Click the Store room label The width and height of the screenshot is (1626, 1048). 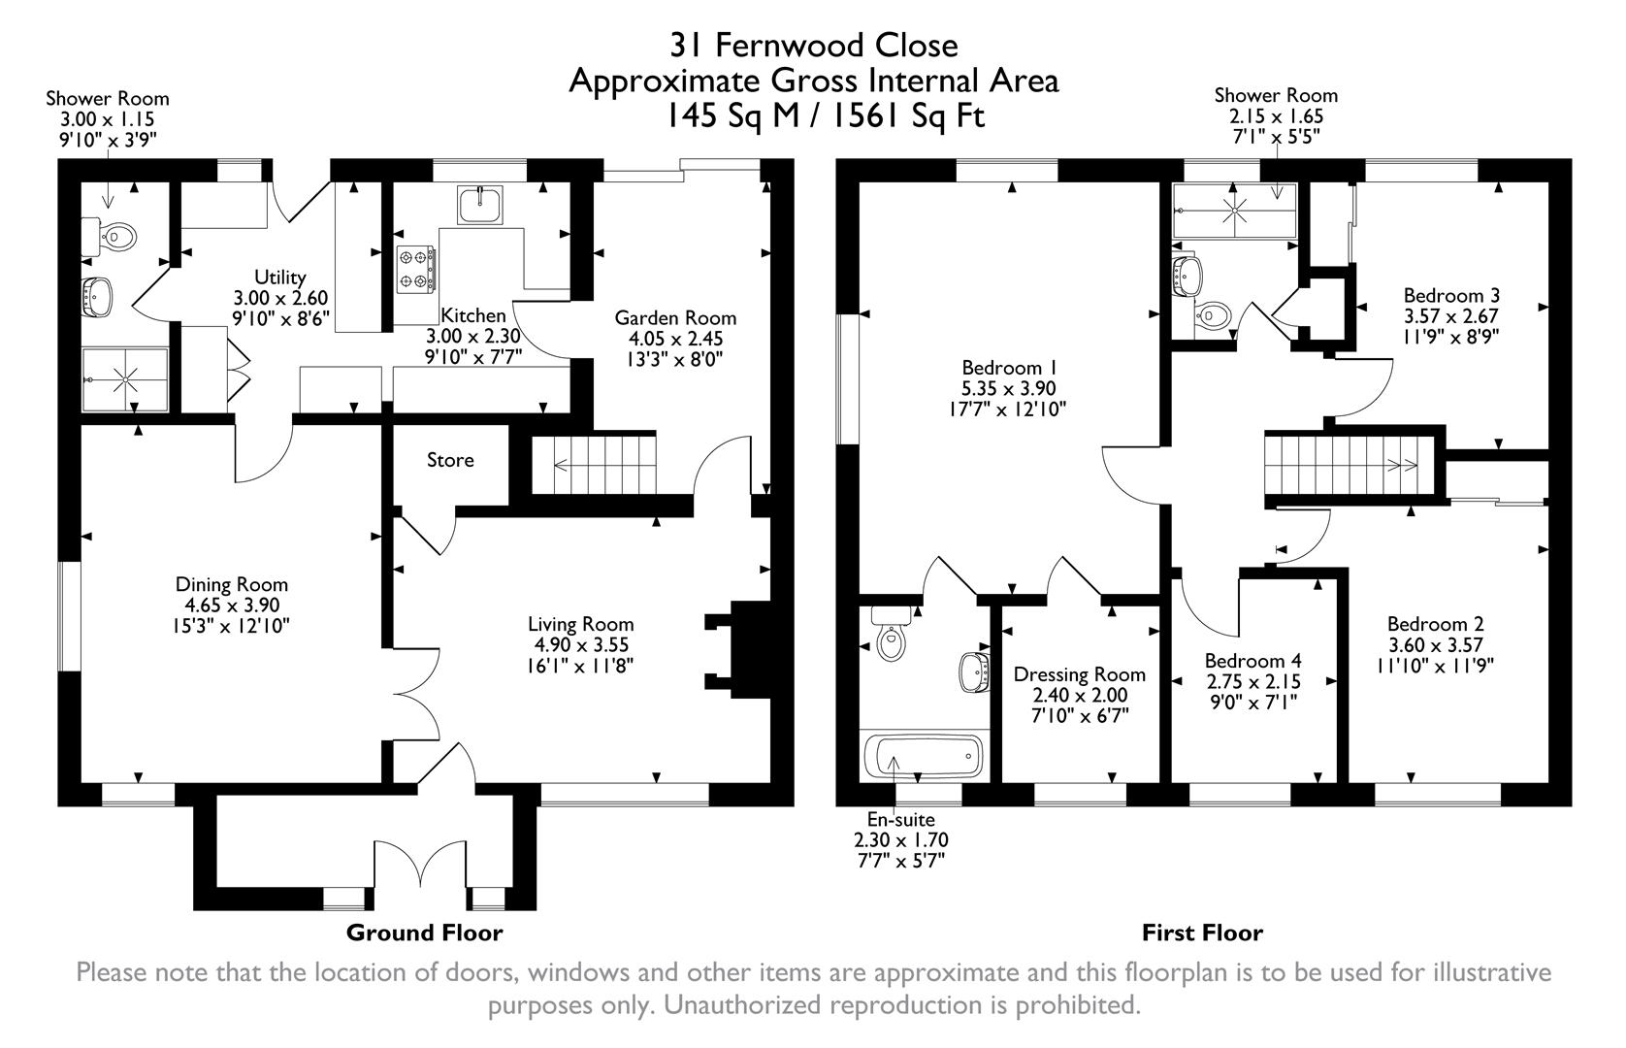(450, 460)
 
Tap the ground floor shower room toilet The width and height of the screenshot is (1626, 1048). (119, 234)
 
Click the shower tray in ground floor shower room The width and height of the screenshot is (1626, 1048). (124, 381)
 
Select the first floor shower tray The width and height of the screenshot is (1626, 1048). (1234, 211)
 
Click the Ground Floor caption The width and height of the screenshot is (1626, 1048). (425, 933)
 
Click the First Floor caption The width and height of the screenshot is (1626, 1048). (1202, 933)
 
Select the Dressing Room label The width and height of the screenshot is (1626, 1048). (1079, 674)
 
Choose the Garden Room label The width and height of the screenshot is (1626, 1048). (675, 318)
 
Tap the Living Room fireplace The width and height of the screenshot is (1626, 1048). (735, 645)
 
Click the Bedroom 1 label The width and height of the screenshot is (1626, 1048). (1008, 368)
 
